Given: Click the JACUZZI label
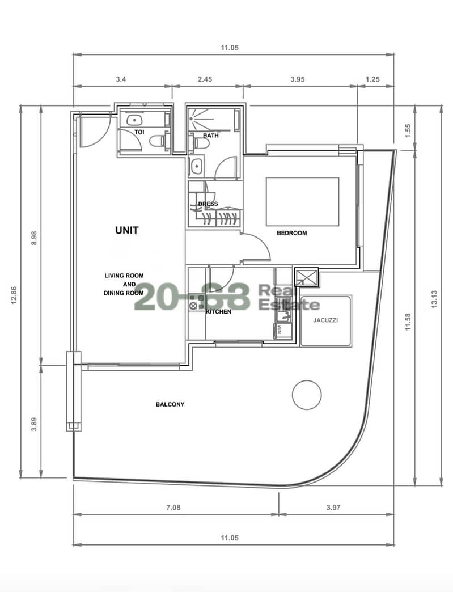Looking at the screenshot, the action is click(x=325, y=320).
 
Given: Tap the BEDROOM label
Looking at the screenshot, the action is click(x=292, y=233).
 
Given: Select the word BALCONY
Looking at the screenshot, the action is click(x=170, y=404).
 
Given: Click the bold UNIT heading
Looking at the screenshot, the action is click(x=127, y=230).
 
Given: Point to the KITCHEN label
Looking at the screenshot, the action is click(x=219, y=312).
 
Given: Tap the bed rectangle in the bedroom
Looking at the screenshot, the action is click(x=302, y=202).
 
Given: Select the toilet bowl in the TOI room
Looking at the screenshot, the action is click(x=157, y=141).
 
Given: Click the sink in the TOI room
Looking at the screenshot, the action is click(x=134, y=120).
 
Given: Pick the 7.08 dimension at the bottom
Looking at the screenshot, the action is click(x=173, y=508).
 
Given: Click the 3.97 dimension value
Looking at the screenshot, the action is click(x=334, y=508).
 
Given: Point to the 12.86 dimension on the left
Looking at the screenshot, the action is click(x=14, y=295).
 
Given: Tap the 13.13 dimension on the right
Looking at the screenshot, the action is click(x=434, y=299).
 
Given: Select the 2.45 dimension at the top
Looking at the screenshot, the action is click(x=205, y=79).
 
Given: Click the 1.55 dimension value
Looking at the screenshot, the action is click(x=407, y=130).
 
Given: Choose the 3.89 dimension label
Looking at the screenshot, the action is click(x=34, y=424).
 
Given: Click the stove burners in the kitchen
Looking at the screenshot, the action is click(x=197, y=301).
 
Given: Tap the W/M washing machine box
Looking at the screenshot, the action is click(x=283, y=331).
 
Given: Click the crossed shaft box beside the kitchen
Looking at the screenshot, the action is click(x=306, y=277).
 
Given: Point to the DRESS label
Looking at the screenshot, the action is click(x=208, y=204).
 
